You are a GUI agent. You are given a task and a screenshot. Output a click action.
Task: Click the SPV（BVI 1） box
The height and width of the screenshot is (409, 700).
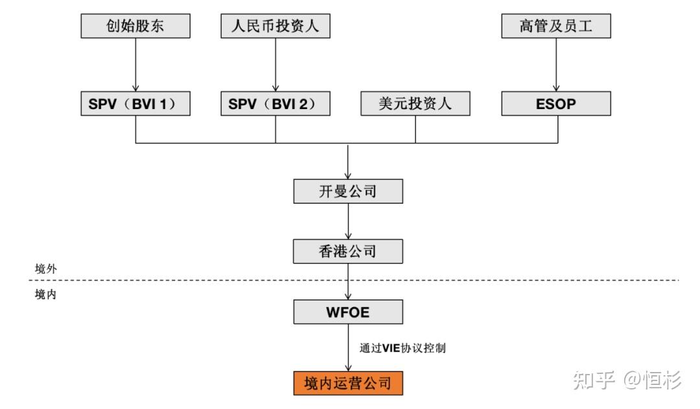(x=135, y=103)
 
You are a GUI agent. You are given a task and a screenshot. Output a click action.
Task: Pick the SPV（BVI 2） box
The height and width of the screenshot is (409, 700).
(x=275, y=103)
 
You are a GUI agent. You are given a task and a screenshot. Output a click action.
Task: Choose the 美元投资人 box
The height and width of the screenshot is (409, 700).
(x=415, y=103)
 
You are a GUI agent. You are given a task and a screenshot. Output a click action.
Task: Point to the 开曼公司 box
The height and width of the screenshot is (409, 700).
(x=349, y=192)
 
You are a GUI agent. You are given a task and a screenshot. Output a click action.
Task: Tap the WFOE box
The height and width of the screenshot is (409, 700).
(x=349, y=312)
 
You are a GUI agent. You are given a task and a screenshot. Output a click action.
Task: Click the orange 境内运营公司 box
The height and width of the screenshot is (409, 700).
(x=349, y=382)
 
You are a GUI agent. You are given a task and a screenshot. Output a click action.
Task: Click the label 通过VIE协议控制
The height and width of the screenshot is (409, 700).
(x=402, y=348)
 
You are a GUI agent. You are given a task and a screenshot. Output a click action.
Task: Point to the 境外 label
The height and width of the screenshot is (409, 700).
(x=45, y=268)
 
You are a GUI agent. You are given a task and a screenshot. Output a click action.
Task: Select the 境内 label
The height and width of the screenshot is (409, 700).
(x=45, y=294)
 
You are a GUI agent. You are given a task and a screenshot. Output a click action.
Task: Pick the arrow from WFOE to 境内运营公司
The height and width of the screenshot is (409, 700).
(x=349, y=347)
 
